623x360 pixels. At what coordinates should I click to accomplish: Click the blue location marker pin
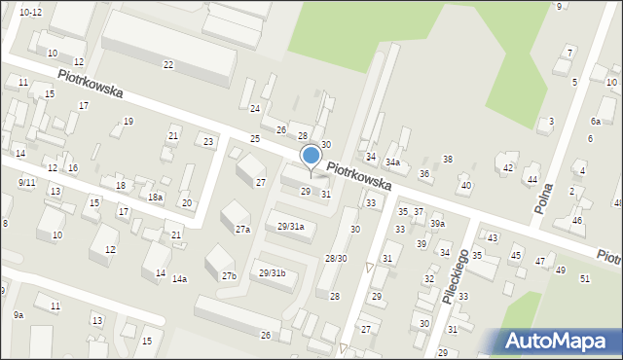[x=311, y=157]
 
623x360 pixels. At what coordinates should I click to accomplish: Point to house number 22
[x=168, y=65]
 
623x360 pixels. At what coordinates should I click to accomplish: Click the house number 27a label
[x=242, y=230]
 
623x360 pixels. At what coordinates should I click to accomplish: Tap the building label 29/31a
[x=291, y=226]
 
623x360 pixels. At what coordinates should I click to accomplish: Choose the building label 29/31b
[x=273, y=272]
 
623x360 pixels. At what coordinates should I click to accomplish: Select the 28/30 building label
[x=336, y=259]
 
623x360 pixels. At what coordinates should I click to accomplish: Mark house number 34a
[x=392, y=162]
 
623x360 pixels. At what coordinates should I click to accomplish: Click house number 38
[x=448, y=160]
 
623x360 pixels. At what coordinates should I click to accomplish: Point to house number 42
[x=508, y=167]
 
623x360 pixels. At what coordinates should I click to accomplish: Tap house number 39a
[x=438, y=224]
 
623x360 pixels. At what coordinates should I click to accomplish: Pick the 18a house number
[x=155, y=197]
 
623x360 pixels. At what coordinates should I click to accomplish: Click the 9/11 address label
[x=26, y=182]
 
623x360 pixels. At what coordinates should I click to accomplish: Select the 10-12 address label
[x=30, y=12]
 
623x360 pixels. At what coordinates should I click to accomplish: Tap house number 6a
[x=595, y=122]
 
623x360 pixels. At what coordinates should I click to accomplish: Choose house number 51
[x=585, y=279]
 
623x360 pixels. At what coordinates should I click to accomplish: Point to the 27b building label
[x=229, y=276]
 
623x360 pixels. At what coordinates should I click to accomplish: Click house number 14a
[x=179, y=279]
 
